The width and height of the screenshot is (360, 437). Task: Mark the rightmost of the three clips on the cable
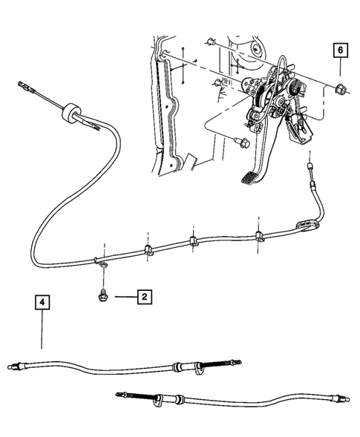[x=259, y=236]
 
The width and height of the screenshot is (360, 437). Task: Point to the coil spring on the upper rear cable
[x=218, y=364]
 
